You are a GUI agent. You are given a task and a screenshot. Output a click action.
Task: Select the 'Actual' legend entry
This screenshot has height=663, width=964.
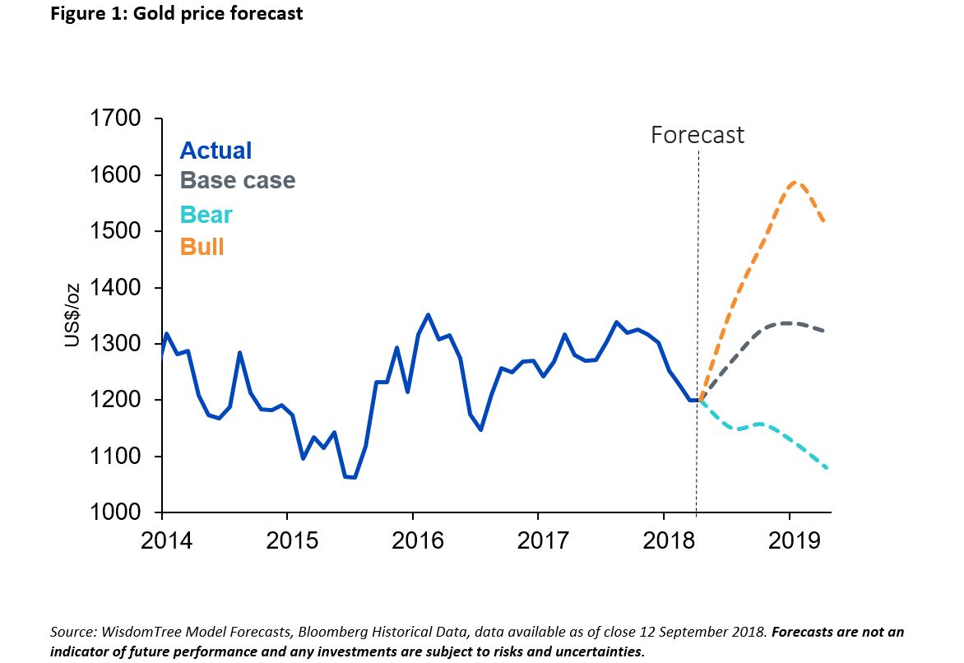[x=216, y=151]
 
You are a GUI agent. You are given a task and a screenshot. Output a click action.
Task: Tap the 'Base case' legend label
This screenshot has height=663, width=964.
[x=237, y=180]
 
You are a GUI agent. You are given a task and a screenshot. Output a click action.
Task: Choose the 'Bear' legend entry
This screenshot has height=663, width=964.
[x=206, y=215]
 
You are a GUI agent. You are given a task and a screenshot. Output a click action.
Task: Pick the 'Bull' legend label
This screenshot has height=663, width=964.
[x=202, y=246]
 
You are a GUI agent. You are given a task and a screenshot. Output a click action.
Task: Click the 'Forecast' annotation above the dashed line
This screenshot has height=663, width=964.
[x=697, y=135]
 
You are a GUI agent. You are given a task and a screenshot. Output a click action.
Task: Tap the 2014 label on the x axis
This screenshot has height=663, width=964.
[x=167, y=542]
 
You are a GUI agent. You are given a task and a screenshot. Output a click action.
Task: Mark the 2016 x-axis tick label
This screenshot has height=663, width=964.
[x=418, y=542]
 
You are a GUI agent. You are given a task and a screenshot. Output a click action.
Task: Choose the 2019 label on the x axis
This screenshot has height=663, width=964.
[x=794, y=542]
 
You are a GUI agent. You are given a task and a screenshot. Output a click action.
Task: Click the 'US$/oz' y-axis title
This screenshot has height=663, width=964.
[x=72, y=315]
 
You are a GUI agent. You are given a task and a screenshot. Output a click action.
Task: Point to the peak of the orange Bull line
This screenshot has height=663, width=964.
[x=795, y=182]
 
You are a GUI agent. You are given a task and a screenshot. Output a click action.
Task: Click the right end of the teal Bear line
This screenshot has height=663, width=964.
[x=826, y=468]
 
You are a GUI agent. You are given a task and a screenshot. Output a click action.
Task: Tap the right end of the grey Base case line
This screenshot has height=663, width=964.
[x=824, y=331]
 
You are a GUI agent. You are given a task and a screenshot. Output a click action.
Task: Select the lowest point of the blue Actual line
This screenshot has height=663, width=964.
[x=355, y=477]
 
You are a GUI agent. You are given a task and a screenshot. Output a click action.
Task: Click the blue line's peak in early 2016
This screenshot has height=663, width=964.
[x=428, y=314]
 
